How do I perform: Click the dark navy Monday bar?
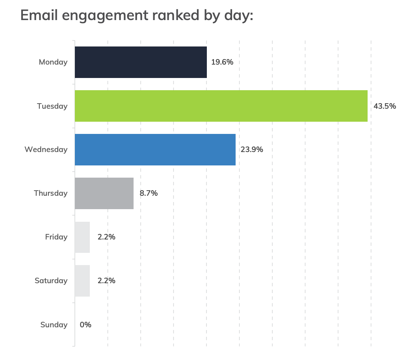[x=141, y=62]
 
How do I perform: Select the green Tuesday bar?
[x=221, y=106]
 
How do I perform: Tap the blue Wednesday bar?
[x=155, y=150]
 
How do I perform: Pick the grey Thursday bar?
[x=104, y=193]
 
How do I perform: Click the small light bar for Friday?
[x=82, y=237]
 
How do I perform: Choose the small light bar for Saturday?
[x=82, y=281]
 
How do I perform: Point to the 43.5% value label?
[x=385, y=106]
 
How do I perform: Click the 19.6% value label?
[x=222, y=62]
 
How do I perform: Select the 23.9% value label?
[x=252, y=150]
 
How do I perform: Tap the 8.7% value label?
[x=149, y=193]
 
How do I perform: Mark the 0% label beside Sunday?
[x=85, y=325]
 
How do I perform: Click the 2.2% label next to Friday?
[x=106, y=237]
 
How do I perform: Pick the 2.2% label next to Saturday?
[x=106, y=281]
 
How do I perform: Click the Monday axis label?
[x=53, y=62]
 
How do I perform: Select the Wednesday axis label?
[x=46, y=150]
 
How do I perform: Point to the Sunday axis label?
[x=54, y=325]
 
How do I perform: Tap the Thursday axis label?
[x=51, y=193]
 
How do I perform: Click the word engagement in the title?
[x=104, y=16]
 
